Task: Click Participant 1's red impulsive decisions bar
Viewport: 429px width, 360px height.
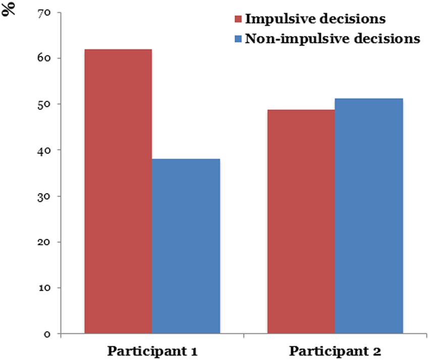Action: (118, 192)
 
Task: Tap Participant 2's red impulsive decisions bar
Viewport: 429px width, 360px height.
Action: (301, 222)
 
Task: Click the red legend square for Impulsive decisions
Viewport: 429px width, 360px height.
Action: (237, 20)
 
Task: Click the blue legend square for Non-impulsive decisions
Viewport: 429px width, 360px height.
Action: (237, 39)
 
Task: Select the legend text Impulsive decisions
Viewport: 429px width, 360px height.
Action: (315, 19)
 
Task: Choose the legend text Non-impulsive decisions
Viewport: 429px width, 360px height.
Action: (333, 39)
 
